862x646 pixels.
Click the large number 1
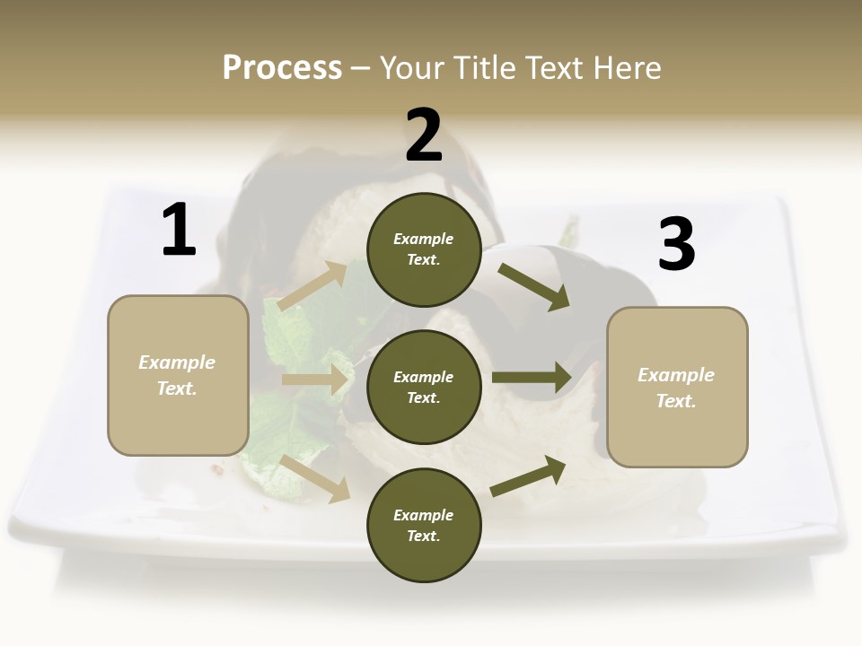coord(179,231)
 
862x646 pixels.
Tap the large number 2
coord(423,135)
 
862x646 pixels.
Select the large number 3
coord(676,244)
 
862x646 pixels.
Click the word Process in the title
coord(282,67)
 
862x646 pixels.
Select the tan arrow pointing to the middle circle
coord(315,380)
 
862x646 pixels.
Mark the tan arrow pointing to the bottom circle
coord(315,478)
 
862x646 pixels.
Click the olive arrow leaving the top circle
coord(533,286)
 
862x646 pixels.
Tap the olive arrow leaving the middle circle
coord(532,377)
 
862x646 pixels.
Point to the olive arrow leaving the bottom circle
coord(528,476)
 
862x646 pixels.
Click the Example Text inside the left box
coord(177,375)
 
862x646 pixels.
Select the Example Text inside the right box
coord(676,388)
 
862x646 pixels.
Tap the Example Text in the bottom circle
coord(423,525)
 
